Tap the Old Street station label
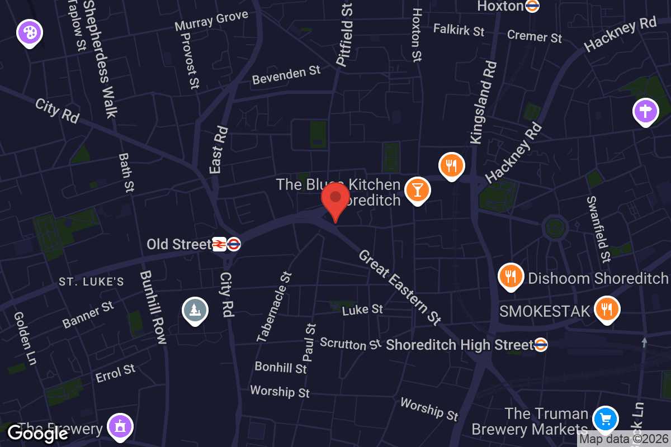click(x=179, y=244)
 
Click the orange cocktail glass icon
click(x=417, y=189)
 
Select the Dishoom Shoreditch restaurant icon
click(x=510, y=276)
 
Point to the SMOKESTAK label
click(x=545, y=311)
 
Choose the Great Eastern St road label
click(x=400, y=287)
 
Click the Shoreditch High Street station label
click(x=460, y=345)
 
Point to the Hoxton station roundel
click(x=532, y=6)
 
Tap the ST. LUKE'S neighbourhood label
click(x=91, y=282)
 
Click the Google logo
click(x=38, y=433)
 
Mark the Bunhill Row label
click(x=153, y=307)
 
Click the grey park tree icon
click(x=195, y=310)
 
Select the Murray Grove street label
click(x=211, y=21)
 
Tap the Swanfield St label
click(x=598, y=229)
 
